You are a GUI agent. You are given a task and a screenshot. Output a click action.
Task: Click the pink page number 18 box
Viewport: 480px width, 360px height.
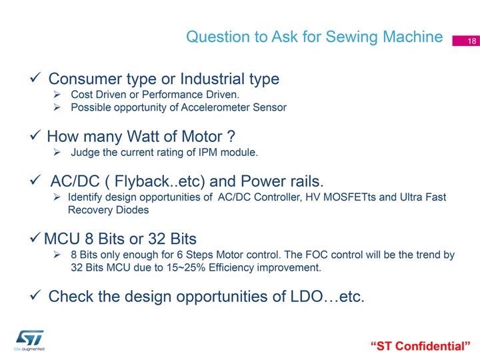coord(466,41)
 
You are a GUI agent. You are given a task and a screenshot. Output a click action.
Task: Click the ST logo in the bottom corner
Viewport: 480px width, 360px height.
coord(29,338)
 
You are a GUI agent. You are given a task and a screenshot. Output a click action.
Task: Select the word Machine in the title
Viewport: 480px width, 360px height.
coord(413,37)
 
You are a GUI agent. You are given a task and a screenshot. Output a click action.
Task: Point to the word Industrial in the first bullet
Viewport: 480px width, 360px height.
coord(213,79)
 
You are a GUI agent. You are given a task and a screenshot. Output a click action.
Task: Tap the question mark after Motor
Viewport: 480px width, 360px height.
coord(231,136)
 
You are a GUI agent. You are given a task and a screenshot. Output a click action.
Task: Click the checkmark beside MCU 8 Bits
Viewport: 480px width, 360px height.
coord(35,237)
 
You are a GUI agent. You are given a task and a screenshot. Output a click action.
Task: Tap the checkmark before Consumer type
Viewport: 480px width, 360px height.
coord(35,77)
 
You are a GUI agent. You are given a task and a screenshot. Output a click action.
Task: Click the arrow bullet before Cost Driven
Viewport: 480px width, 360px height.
coord(57,94)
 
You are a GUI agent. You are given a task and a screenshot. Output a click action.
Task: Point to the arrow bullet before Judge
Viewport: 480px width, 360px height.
coord(57,152)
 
